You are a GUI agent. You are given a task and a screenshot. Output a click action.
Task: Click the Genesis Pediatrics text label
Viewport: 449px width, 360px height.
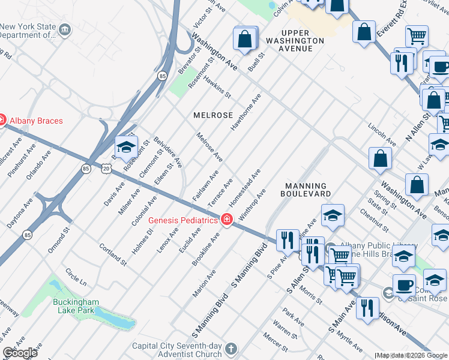(x=183, y=220)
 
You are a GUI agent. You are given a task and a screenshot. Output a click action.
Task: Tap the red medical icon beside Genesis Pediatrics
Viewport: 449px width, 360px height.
(x=226, y=220)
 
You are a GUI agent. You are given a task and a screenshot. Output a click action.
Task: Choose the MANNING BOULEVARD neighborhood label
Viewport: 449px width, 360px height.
(x=306, y=190)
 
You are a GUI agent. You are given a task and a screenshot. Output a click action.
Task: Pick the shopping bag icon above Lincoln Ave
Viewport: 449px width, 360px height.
(x=380, y=158)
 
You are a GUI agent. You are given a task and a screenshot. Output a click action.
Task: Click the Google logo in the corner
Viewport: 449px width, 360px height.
(x=19, y=353)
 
